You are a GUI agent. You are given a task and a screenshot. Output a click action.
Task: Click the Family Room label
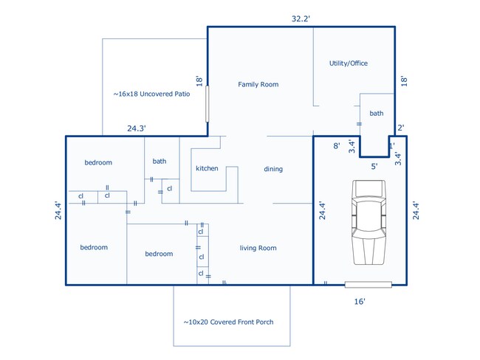[258, 84]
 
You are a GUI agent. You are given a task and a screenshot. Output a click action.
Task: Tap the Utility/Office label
[349, 63]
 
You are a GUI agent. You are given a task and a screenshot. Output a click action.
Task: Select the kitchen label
[207, 168]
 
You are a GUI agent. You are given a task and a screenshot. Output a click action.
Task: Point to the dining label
[273, 169]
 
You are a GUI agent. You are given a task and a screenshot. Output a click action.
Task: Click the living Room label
[258, 248]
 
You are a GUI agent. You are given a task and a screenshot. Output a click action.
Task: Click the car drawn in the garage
[368, 222]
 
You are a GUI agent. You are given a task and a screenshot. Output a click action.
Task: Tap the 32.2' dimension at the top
[301, 19]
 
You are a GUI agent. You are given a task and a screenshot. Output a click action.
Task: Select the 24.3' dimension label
[136, 128]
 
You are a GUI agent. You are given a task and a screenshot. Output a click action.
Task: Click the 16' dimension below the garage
[360, 302]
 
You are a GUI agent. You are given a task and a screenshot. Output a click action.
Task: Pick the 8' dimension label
[337, 146]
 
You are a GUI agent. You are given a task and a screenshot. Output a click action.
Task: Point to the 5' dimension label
[374, 167]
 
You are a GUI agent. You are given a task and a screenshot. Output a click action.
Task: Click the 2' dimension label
[401, 128]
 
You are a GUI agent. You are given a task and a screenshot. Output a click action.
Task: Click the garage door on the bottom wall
[368, 285]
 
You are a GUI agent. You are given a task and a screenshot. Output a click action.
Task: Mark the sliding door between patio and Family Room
[208, 104]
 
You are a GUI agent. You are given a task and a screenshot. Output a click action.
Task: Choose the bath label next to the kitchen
[160, 162]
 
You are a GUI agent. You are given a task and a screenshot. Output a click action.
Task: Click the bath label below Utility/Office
[376, 114]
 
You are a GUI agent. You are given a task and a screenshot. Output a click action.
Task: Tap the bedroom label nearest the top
[98, 162]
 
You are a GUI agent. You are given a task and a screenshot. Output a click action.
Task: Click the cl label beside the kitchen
[170, 189]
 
